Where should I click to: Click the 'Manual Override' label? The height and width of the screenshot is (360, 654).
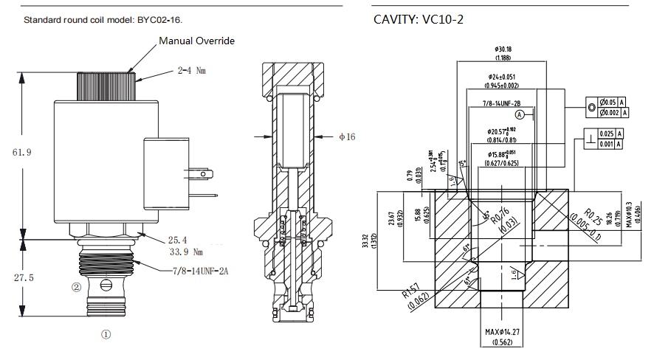[x=196, y=41]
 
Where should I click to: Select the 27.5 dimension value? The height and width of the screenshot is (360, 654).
[x=23, y=277]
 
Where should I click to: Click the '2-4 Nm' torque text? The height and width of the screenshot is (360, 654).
[x=190, y=71]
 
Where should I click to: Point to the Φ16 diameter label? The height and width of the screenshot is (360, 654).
[x=347, y=136]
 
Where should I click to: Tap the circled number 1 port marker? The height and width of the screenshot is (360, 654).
[x=106, y=334]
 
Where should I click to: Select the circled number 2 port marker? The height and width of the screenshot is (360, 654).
[x=75, y=287]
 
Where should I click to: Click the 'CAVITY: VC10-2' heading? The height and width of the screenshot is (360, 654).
[x=419, y=20]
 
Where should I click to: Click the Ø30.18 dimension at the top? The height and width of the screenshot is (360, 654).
[x=504, y=49]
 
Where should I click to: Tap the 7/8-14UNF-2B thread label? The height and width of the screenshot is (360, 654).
[x=502, y=105]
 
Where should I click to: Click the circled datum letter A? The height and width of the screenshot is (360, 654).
[x=520, y=115]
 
